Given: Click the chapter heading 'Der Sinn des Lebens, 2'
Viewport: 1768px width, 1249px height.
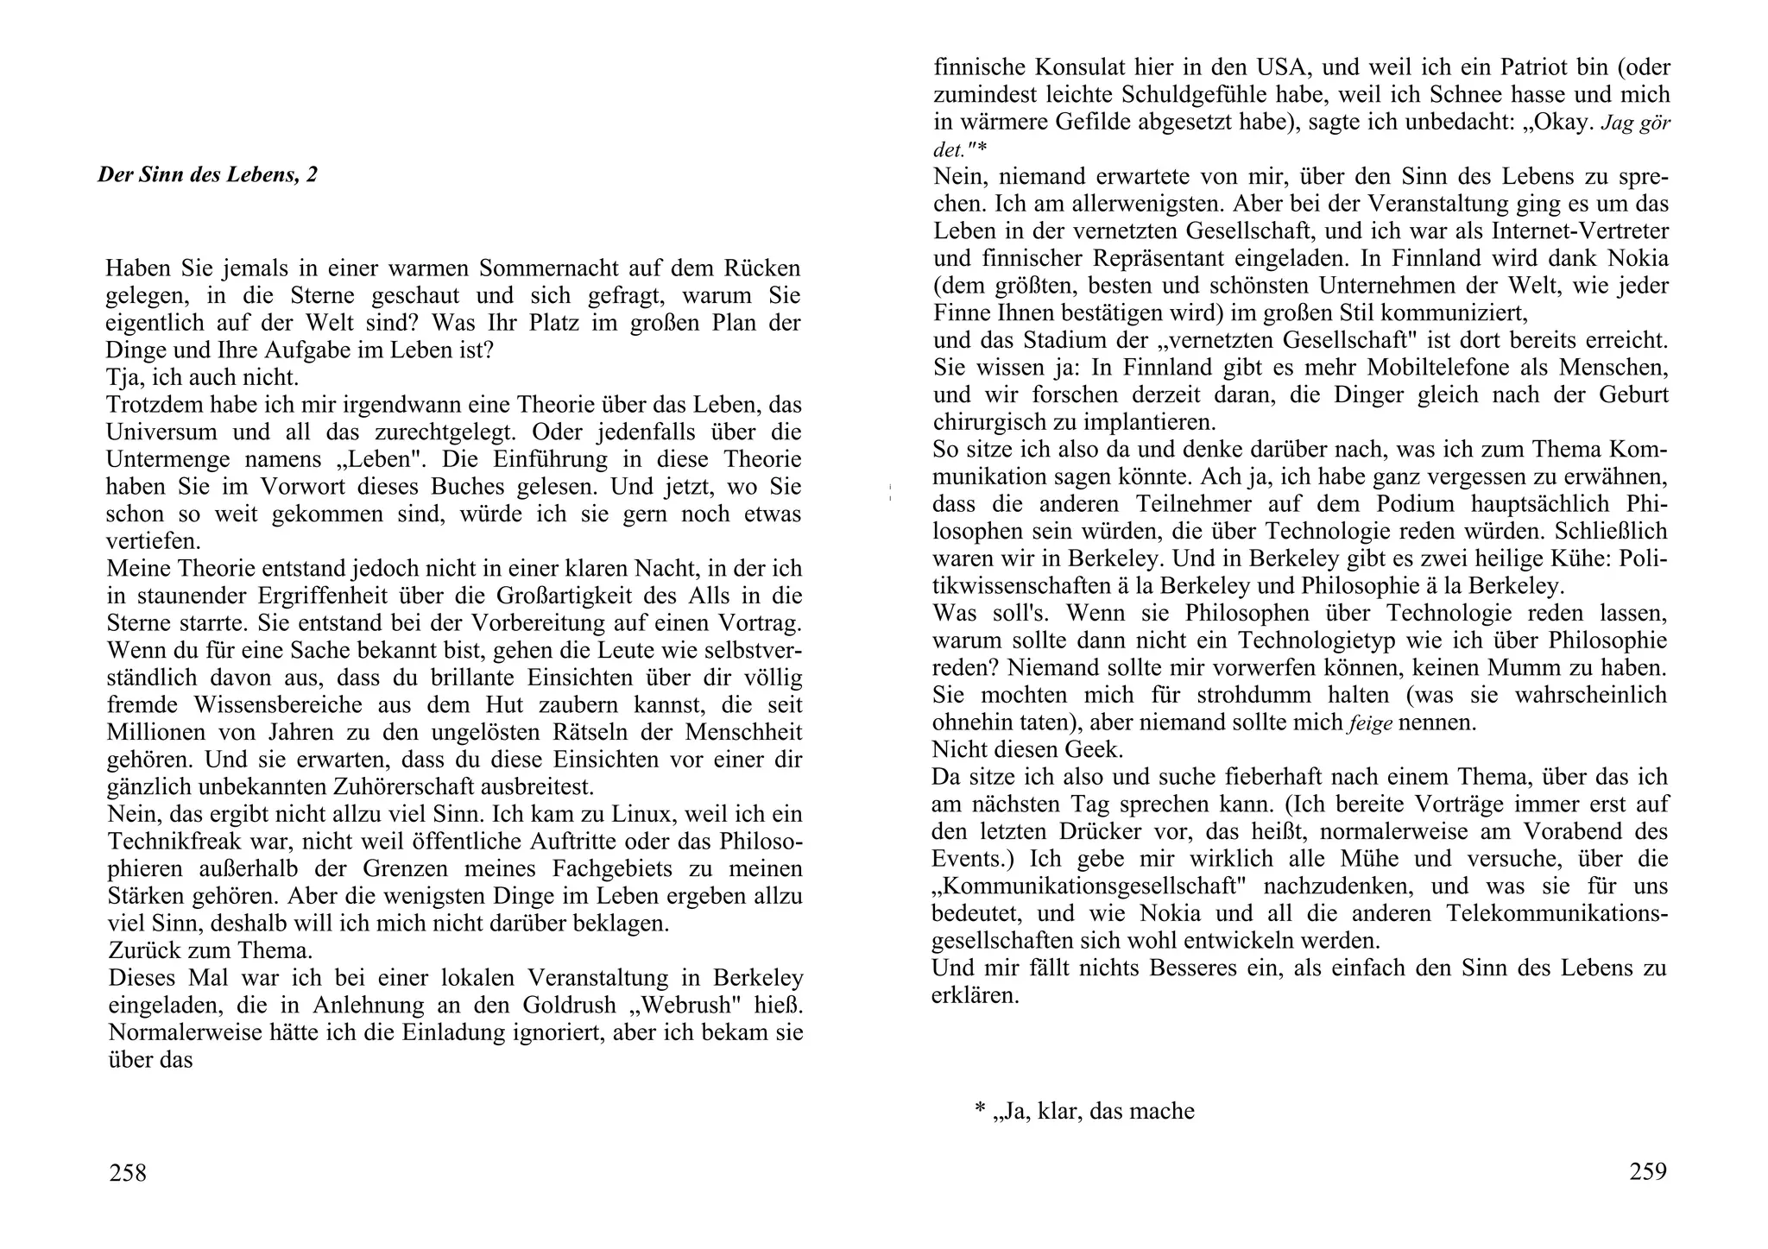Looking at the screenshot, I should pos(207,175).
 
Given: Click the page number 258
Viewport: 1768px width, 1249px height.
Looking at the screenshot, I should pos(128,1173).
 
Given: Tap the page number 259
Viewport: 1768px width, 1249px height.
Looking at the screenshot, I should pos(1647,1171).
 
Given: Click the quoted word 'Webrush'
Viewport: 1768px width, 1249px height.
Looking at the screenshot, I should pos(682,1006).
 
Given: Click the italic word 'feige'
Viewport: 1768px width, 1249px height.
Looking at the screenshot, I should pos(1369,723).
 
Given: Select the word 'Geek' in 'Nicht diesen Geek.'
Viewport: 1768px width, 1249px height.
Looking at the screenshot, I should pos(1092,749).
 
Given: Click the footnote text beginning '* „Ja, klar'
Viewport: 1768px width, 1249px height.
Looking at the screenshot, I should pos(1084,1111).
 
